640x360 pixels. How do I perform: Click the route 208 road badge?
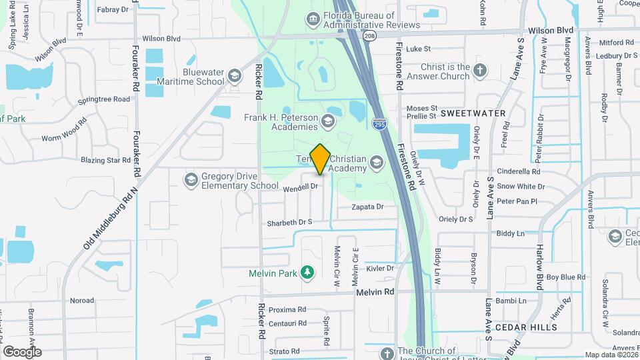click(x=370, y=35)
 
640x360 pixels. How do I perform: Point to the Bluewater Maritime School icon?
click(x=234, y=75)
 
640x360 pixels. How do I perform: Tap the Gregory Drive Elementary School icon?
click(x=191, y=179)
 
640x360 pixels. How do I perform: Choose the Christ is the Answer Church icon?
click(x=480, y=69)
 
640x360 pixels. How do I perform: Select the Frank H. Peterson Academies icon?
click(x=327, y=121)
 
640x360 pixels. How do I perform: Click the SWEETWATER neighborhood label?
click(x=473, y=113)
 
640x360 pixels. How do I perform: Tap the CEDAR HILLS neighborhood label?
click(x=525, y=327)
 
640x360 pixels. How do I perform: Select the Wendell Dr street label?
click(x=300, y=187)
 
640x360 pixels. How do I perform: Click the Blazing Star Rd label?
click(x=105, y=160)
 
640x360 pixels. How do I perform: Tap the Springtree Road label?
click(x=103, y=99)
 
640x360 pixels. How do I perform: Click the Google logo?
click(x=22, y=351)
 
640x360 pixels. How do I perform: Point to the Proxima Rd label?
click(x=288, y=309)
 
